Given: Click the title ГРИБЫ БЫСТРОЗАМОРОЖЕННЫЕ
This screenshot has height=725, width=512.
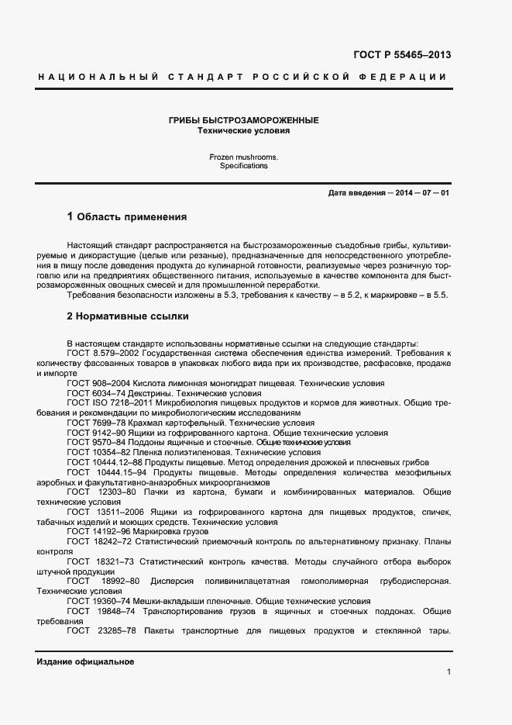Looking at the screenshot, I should [243, 121].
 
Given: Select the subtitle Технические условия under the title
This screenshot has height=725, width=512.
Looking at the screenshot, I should [243, 131].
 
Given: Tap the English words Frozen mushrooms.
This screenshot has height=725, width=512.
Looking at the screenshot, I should [243, 157].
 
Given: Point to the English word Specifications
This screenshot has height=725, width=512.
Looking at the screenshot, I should [243, 166].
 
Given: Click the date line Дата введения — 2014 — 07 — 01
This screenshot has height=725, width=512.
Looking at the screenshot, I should [388, 192].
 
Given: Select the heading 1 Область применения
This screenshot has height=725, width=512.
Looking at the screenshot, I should [127, 216].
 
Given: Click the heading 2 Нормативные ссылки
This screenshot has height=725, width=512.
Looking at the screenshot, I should [128, 316].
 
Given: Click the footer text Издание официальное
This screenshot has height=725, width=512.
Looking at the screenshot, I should [85, 661].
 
